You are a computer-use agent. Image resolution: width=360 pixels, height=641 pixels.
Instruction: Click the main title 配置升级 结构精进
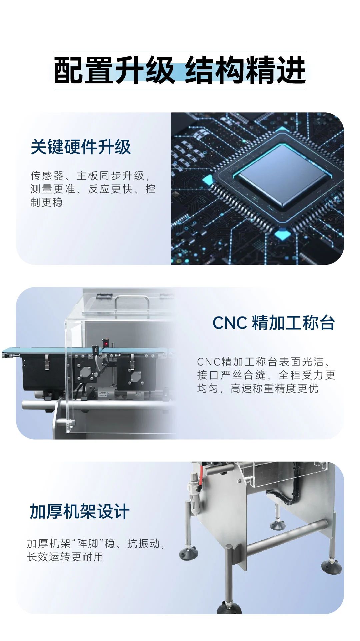click(180, 70)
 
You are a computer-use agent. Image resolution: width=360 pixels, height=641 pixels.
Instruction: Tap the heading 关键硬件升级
click(81, 147)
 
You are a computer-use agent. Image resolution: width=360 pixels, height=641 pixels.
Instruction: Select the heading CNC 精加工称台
click(273, 323)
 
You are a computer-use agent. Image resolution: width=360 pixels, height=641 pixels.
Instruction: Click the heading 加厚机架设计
click(80, 512)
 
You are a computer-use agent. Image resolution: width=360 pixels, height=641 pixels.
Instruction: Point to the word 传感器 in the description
click(47, 175)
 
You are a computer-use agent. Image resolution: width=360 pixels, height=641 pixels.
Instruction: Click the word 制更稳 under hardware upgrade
click(47, 202)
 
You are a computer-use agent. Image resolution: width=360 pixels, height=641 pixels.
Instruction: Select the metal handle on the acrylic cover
click(132, 302)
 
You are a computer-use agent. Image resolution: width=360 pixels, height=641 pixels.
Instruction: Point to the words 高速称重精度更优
click(274, 388)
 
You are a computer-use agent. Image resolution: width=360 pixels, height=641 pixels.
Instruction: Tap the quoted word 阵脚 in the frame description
click(88, 544)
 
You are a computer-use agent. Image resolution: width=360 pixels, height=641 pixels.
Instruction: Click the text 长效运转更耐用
click(65, 557)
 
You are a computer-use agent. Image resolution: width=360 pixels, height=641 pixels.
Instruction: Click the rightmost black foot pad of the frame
click(331, 567)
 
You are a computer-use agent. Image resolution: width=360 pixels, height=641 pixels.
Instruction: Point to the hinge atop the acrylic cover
click(103, 295)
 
